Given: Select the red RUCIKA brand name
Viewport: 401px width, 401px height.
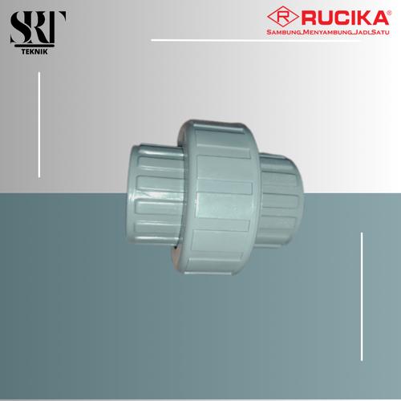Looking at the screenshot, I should click(x=338, y=16).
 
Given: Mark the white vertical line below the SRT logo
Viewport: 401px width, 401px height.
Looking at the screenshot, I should click(x=38, y=106).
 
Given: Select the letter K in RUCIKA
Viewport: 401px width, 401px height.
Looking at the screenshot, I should click(x=356, y=16).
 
